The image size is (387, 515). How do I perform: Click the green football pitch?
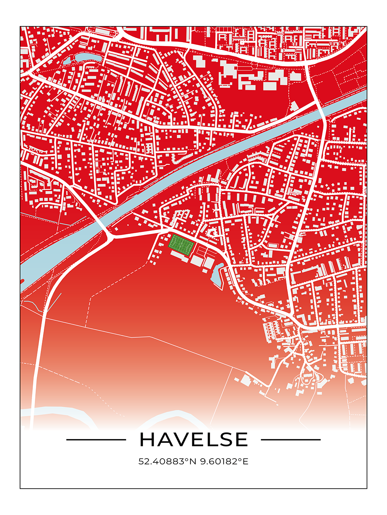click(x=181, y=245)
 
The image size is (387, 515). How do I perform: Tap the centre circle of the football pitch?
click(x=181, y=245)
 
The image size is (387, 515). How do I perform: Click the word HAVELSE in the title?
click(x=193, y=440)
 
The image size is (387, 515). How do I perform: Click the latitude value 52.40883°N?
click(x=168, y=461)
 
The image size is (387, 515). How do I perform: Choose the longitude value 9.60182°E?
click(x=224, y=461)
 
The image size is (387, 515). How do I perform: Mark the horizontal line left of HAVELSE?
click(x=96, y=440)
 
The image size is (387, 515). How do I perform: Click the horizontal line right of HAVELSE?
click(x=291, y=440)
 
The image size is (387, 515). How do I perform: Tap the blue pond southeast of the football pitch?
click(x=217, y=275)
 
